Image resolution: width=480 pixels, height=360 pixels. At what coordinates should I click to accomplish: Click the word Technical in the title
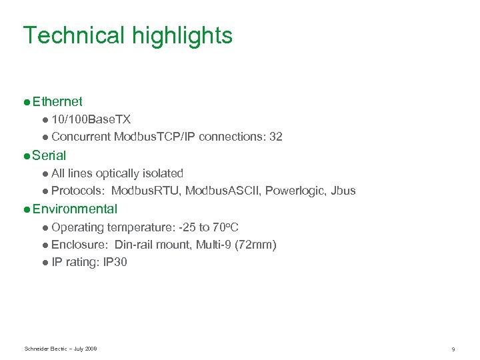point(73,35)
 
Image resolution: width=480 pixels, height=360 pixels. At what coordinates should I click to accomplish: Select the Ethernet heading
point(57,102)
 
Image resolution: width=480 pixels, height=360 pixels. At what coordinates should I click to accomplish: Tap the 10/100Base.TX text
point(91,119)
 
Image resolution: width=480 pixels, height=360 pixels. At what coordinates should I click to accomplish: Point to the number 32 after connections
point(275,137)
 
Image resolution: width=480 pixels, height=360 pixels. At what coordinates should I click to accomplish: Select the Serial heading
point(49,155)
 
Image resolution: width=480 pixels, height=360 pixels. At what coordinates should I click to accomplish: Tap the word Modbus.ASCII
point(223,191)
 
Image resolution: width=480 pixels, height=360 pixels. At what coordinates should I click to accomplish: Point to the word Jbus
point(342,191)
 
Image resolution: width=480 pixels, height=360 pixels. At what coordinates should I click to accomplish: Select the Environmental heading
point(75,209)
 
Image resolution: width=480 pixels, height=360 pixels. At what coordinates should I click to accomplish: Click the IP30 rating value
point(115,262)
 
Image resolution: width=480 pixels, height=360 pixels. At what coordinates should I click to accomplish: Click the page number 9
point(453,349)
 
